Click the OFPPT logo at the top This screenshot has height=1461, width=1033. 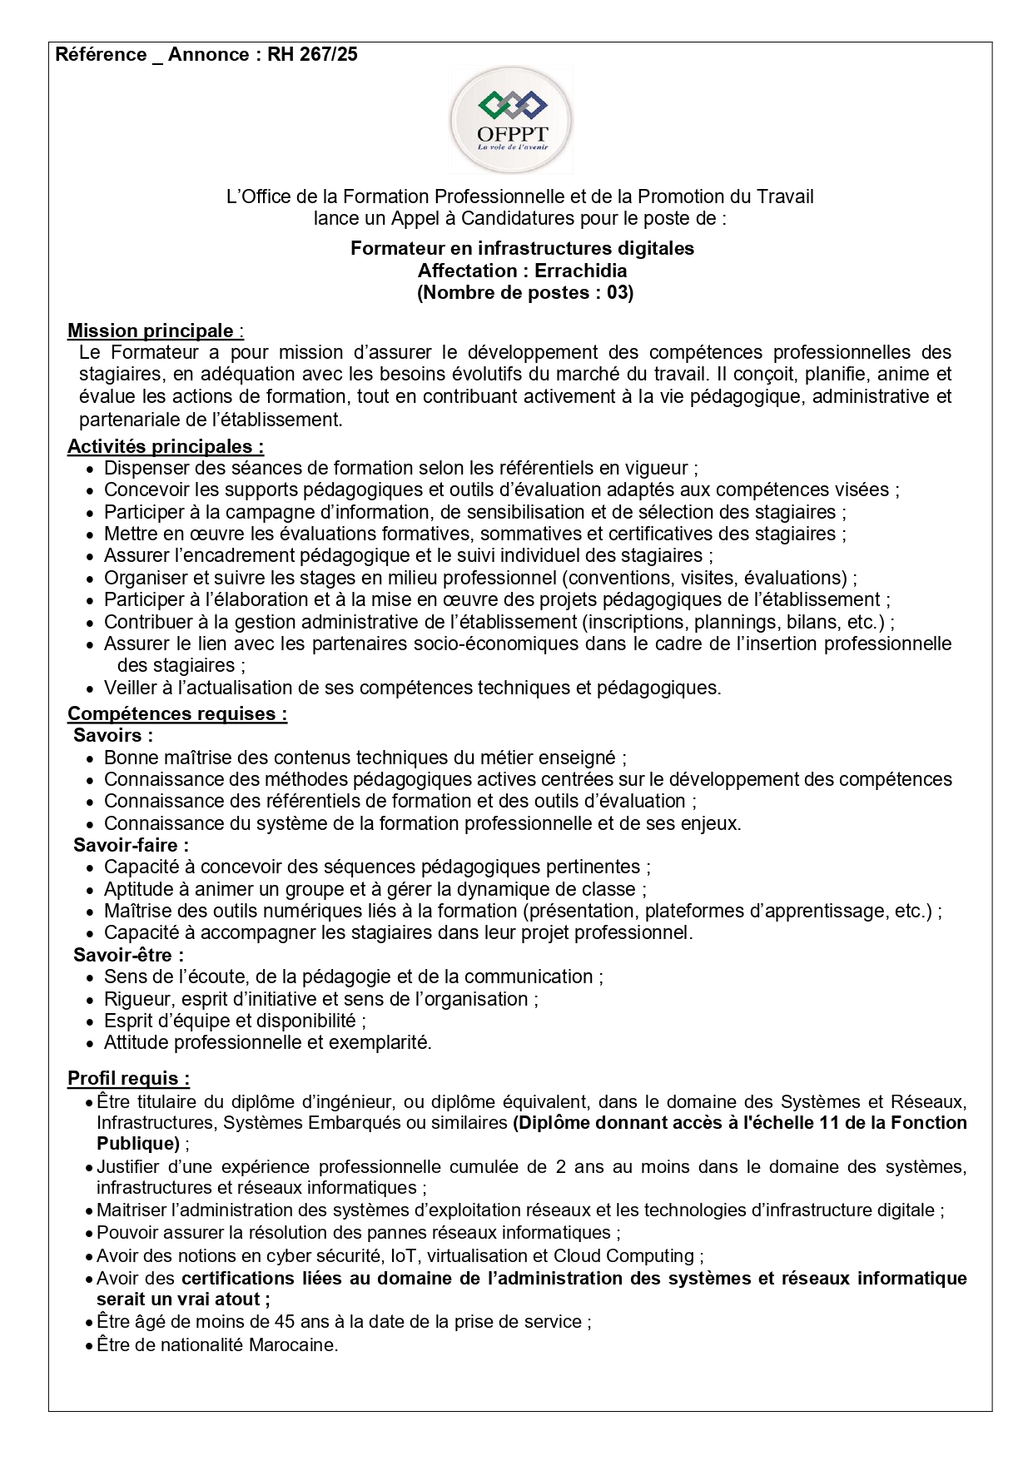(x=511, y=120)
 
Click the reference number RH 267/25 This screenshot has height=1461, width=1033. (x=312, y=55)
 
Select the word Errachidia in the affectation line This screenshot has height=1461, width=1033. (x=580, y=271)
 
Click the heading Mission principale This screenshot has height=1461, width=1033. (x=151, y=330)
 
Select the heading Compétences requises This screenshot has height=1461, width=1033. (x=176, y=713)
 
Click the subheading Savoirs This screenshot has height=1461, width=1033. (x=112, y=735)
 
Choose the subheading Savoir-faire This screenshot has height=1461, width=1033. (x=130, y=845)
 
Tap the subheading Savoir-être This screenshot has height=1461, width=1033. (x=127, y=955)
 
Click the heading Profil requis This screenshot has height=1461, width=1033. (x=128, y=1078)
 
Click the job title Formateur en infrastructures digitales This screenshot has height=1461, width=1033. (x=522, y=248)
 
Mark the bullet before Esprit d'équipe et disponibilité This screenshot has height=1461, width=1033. (x=91, y=1022)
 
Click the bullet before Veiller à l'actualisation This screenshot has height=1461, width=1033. (x=91, y=689)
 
